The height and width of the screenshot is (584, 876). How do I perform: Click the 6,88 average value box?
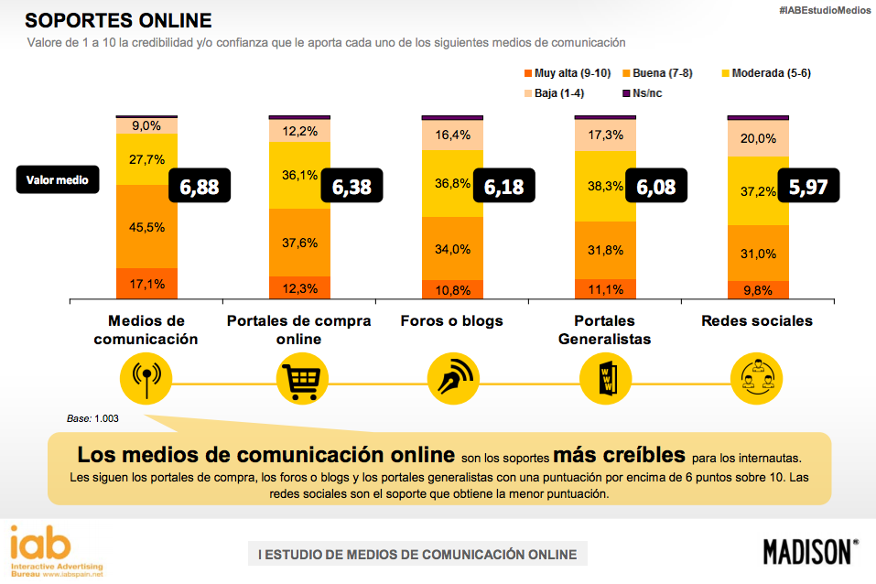tap(200, 187)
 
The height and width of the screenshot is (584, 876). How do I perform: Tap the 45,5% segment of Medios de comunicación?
tap(146, 226)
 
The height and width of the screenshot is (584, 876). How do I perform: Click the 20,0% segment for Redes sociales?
tap(758, 139)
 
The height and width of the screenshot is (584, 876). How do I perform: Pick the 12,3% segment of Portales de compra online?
tap(299, 287)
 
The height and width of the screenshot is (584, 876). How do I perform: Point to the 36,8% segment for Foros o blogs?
tap(452, 184)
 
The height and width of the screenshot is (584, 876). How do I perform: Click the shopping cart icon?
tap(299, 378)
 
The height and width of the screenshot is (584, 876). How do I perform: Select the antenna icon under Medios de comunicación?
tap(146, 378)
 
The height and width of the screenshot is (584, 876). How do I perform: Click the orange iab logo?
tap(40, 544)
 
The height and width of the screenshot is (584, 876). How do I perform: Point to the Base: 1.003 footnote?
tap(92, 417)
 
